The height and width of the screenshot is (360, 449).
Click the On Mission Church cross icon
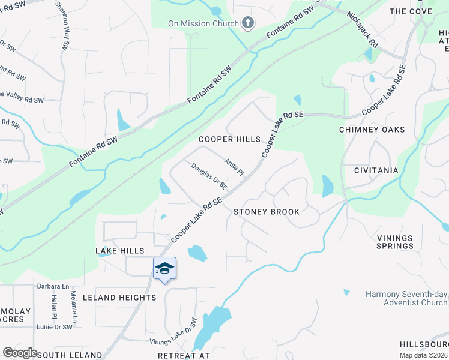pyautogui.click(x=248, y=23)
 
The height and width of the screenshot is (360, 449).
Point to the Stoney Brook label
pyautogui.click(x=267, y=212)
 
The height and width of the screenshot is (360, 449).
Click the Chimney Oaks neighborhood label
pyautogui.click(x=372, y=130)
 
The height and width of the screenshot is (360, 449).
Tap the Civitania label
pyautogui.click(x=376, y=170)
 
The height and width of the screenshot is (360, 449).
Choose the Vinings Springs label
pyautogui.click(x=395, y=242)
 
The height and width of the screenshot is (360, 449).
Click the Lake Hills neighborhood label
pyautogui.click(x=120, y=250)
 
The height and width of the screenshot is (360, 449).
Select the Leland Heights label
pyautogui.click(x=119, y=298)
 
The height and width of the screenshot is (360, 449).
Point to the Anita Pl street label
pyautogui.click(x=234, y=167)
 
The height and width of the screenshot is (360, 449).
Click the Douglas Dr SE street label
pyautogui.click(x=209, y=177)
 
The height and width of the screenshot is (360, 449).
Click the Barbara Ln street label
pyautogui.click(x=53, y=287)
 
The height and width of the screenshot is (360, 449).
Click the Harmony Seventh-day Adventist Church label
pyautogui.click(x=406, y=298)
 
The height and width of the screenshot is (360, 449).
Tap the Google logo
pyautogui.click(x=20, y=353)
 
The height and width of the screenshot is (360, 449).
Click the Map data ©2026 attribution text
pyautogui.click(x=423, y=355)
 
